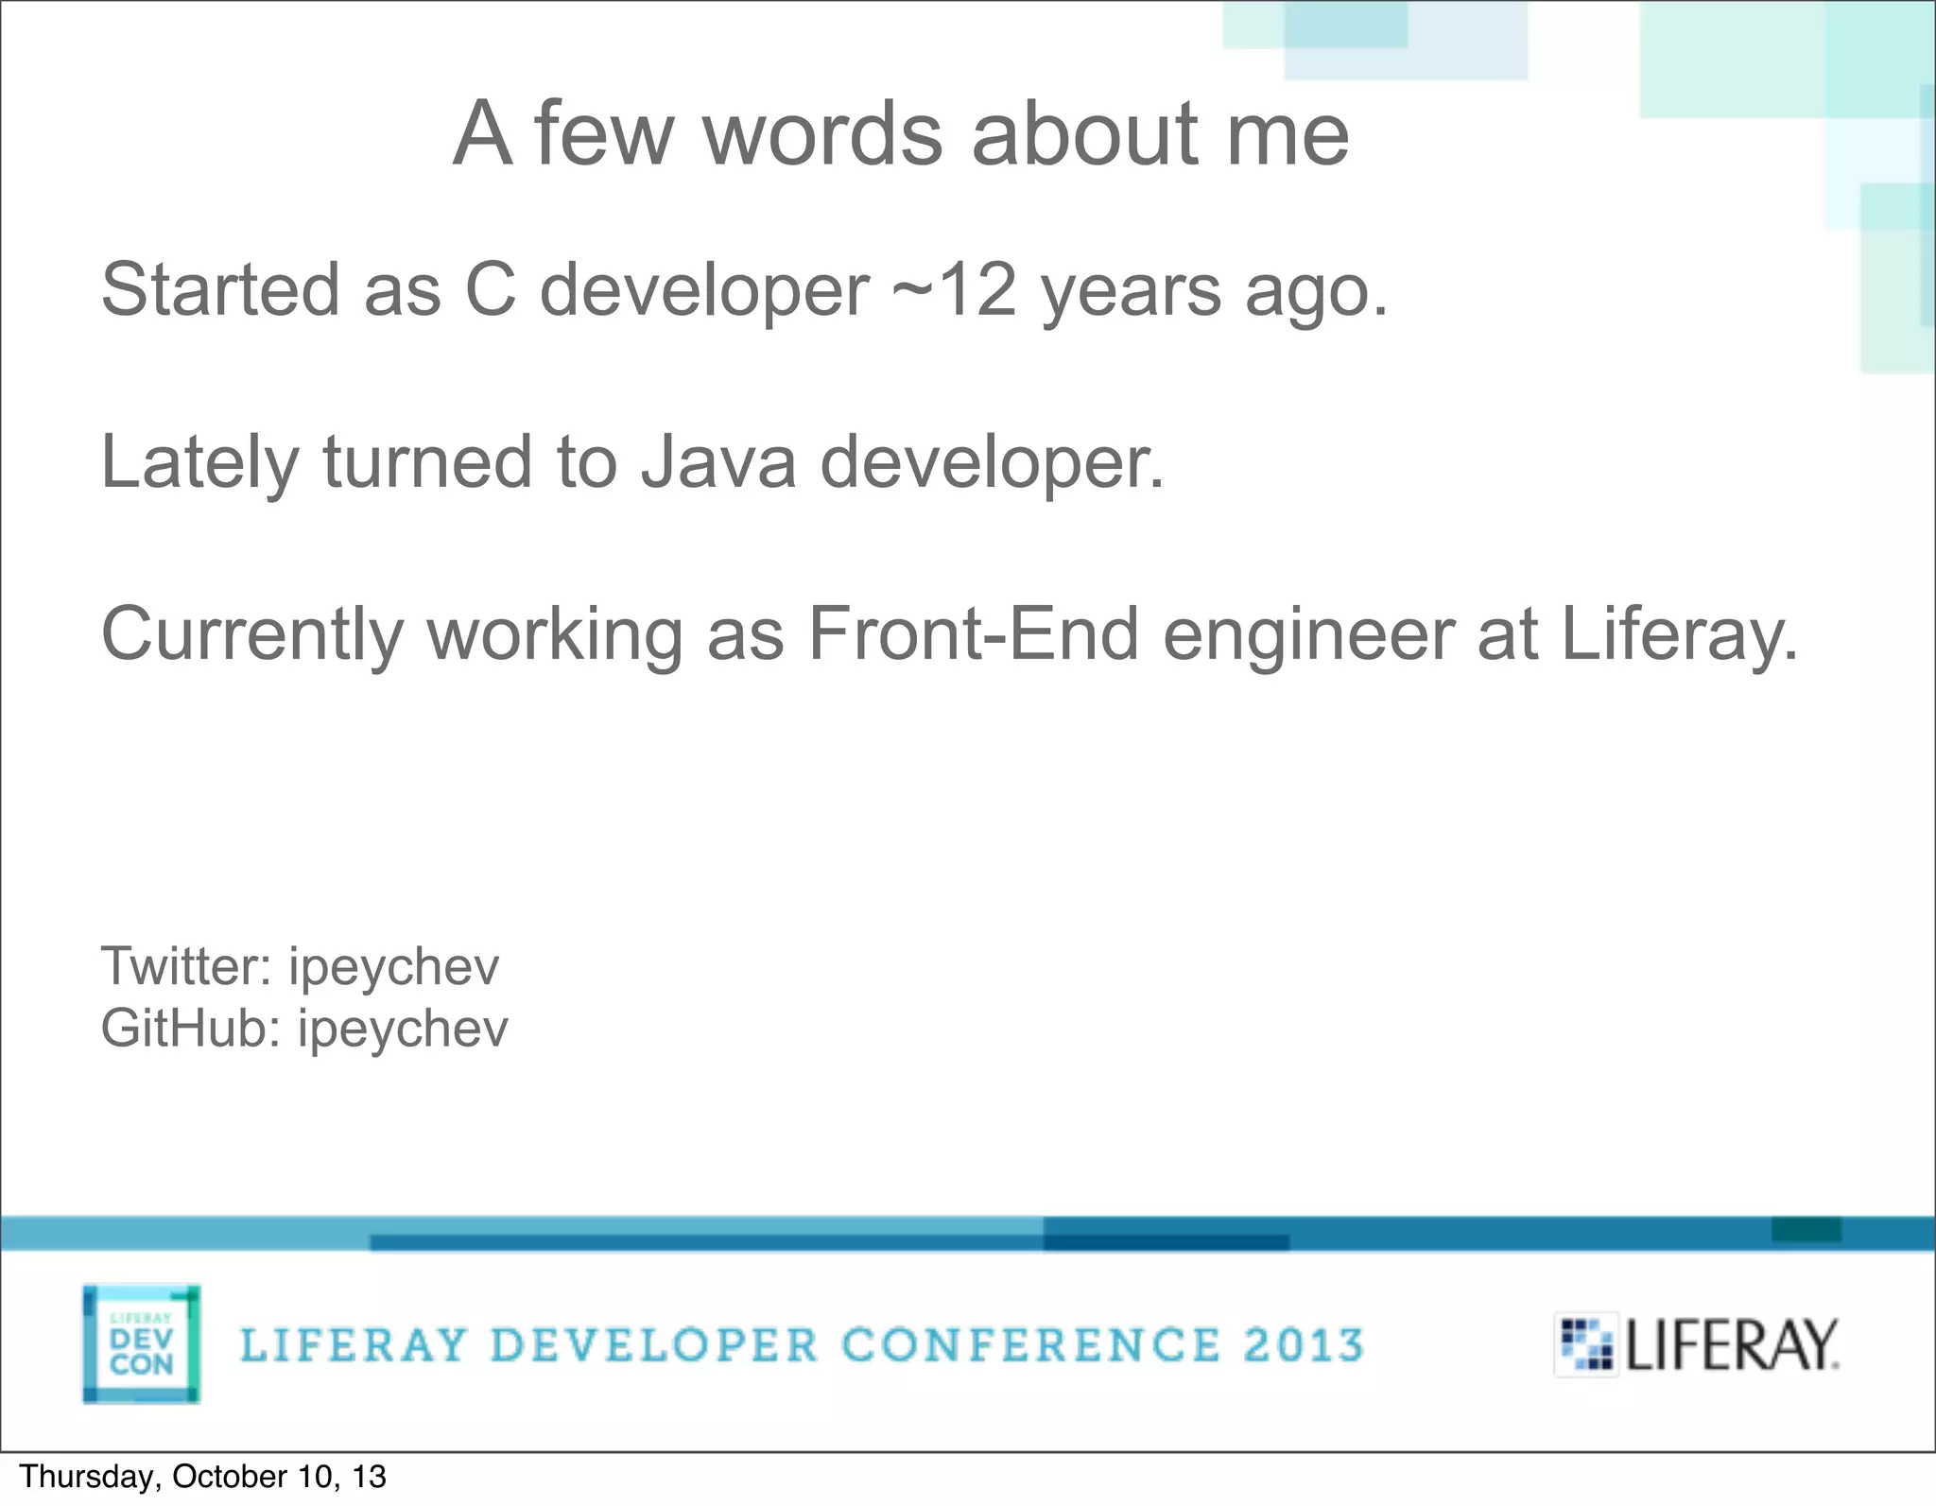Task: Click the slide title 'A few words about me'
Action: point(901,134)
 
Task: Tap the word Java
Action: point(718,461)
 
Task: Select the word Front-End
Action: point(973,633)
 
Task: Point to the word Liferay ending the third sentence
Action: point(1678,633)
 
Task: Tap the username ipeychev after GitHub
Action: point(403,1030)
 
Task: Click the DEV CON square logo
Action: point(141,1343)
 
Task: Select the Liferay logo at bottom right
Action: point(1698,1344)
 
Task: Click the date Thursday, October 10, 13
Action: point(203,1477)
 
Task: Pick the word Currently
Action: point(252,633)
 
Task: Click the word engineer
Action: point(1308,633)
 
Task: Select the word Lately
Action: point(199,461)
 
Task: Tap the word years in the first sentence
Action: point(1132,291)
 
